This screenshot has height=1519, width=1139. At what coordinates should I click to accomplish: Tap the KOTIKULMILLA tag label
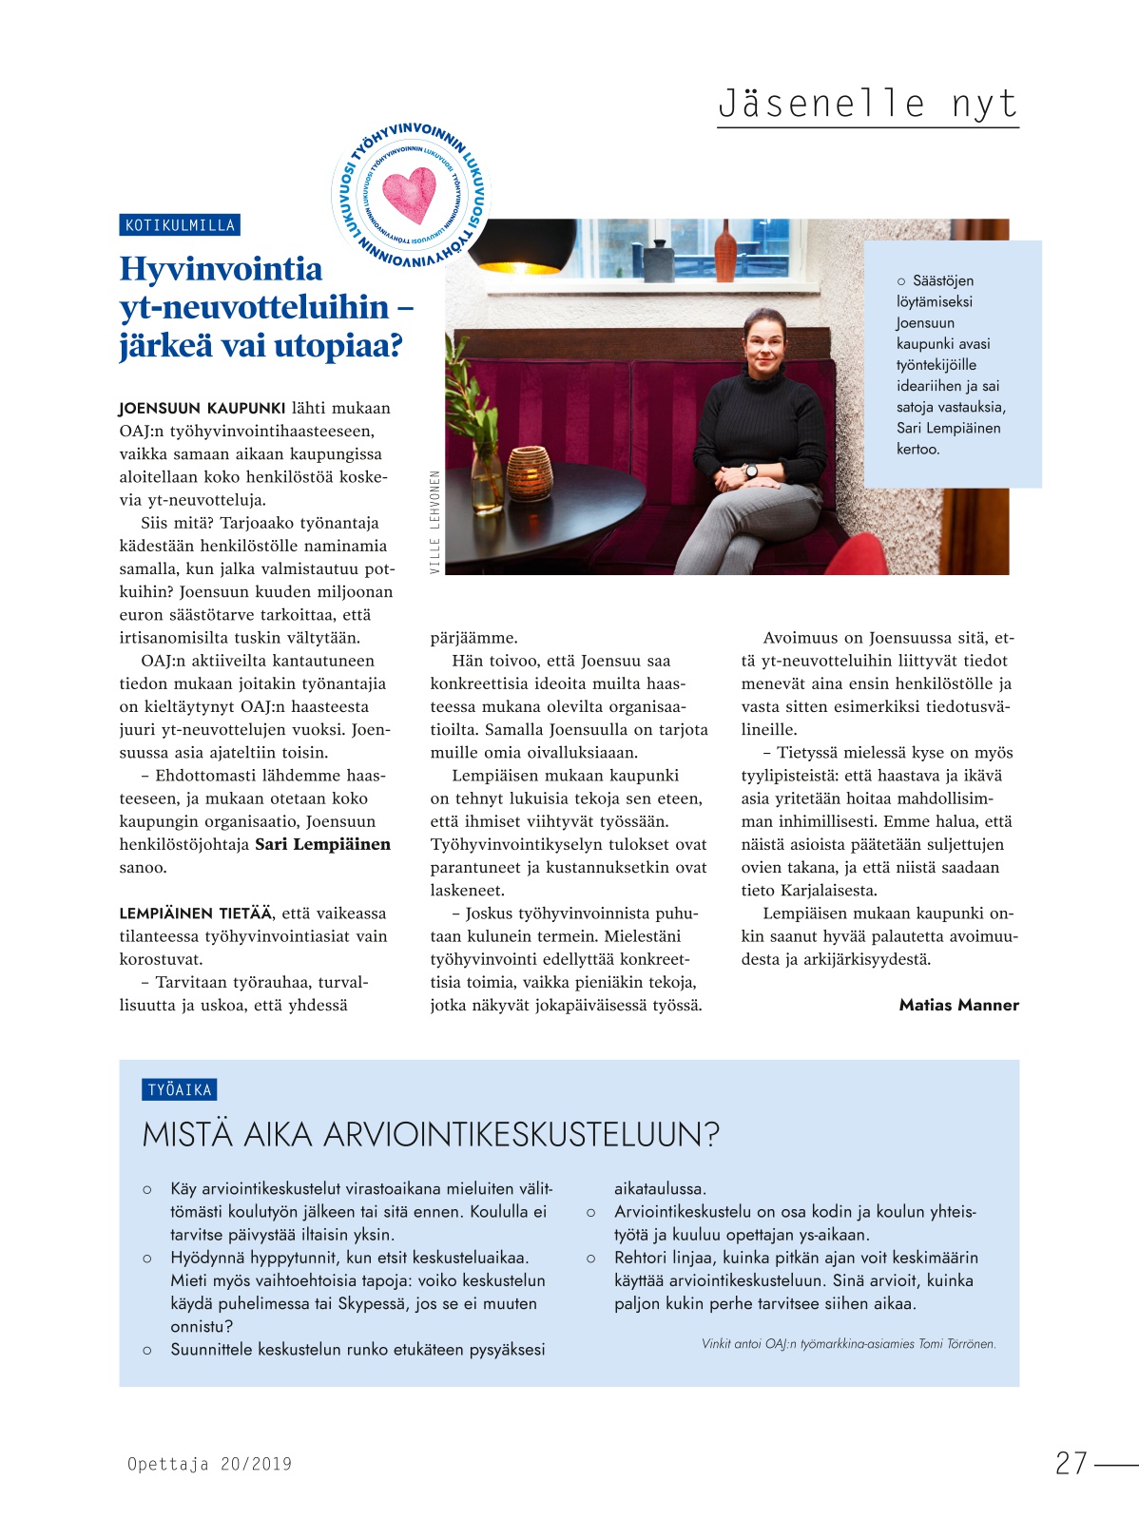click(180, 225)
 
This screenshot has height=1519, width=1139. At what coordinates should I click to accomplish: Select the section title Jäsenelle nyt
click(867, 103)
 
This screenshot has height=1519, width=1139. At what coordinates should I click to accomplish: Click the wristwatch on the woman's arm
click(750, 471)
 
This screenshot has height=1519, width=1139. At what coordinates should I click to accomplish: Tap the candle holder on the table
click(529, 472)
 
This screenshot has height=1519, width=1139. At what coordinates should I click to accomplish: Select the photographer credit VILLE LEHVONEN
click(435, 522)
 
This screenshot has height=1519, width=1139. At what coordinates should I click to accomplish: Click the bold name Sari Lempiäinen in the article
click(322, 844)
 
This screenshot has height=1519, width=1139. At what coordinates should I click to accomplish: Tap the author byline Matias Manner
click(958, 1005)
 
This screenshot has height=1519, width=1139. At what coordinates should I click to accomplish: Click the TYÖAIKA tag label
click(180, 1090)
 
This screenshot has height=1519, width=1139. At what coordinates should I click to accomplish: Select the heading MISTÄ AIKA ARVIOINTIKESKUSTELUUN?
click(431, 1134)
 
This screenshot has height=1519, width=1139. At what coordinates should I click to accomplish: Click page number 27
click(1071, 1463)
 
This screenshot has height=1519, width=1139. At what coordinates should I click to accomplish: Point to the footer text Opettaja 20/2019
click(209, 1464)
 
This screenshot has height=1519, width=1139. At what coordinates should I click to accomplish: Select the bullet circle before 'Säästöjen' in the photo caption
click(901, 281)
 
